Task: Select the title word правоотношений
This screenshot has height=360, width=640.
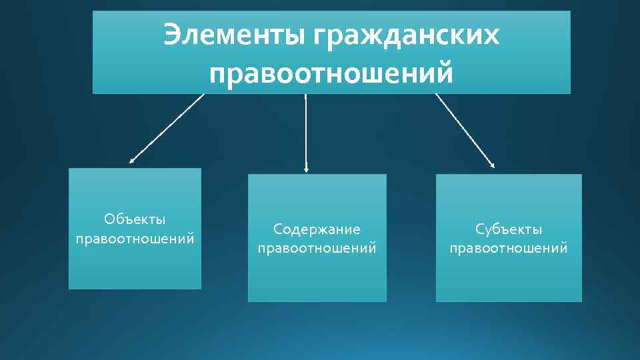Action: pos(331,72)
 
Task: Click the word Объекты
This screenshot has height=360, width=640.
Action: pos(135,219)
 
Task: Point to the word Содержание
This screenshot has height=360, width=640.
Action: pos(317,229)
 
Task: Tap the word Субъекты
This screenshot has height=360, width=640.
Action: pos(509,229)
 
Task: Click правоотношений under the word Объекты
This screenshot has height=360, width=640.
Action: pos(135,238)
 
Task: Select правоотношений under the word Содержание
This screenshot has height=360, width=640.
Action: pos(317,249)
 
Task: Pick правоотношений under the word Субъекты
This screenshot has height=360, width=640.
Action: pos(509,249)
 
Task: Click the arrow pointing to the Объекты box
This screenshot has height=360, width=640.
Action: pos(167,128)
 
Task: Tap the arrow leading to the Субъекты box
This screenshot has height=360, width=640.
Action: pos(465,129)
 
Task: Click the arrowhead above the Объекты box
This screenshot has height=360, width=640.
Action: pos(132,161)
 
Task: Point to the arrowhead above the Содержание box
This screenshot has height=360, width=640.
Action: pos(305,170)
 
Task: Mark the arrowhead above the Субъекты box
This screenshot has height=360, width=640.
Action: pos(492,164)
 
